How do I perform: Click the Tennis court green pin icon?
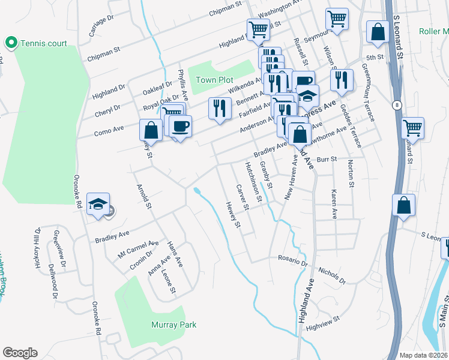(10, 43)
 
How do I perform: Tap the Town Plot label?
(214, 80)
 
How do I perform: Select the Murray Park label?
(173, 325)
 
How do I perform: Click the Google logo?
(20, 353)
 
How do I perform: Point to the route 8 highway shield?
(397, 105)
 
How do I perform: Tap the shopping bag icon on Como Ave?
(151, 130)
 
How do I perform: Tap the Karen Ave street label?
(334, 204)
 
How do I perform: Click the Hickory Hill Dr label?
(37, 247)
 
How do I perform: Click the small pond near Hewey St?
(197, 191)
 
